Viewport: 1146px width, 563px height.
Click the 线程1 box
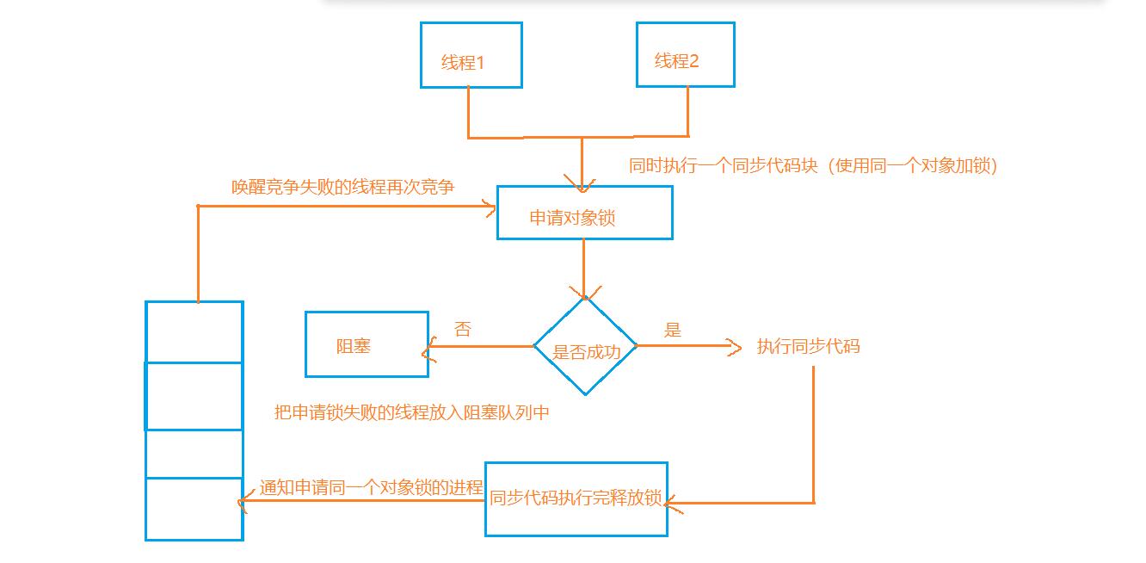pyautogui.click(x=471, y=55)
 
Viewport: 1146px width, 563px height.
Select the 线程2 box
pyautogui.click(x=685, y=54)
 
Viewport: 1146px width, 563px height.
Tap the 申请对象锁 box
pyautogui.click(x=584, y=213)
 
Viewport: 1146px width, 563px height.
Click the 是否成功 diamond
pyautogui.click(x=585, y=347)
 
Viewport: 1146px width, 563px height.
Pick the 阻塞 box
pyautogui.click(x=367, y=344)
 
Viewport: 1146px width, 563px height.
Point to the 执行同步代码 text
pyautogui.click(x=808, y=347)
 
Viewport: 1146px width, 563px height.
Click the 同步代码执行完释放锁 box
pyautogui.click(x=576, y=499)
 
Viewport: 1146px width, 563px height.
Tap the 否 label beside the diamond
pyautogui.click(x=463, y=329)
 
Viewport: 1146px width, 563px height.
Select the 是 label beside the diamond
pyautogui.click(x=673, y=329)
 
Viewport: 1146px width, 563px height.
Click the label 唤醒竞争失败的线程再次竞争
pyautogui.click(x=342, y=187)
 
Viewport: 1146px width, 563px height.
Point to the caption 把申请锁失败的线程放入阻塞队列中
pyautogui.click(x=411, y=413)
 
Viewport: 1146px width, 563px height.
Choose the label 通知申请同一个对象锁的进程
pyautogui.click(x=371, y=487)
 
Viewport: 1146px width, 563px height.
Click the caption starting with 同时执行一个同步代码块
pyautogui.click(x=813, y=166)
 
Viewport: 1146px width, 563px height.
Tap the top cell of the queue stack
pyautogui.click(x=194, y=331)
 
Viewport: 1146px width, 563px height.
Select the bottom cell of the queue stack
pyautogui.click(x=194, y=509)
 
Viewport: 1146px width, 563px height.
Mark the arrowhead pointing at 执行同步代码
pyautogui.click(x=735, y=347)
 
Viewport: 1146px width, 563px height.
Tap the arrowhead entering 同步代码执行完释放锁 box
pyautogui.click(x=671, y=504)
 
